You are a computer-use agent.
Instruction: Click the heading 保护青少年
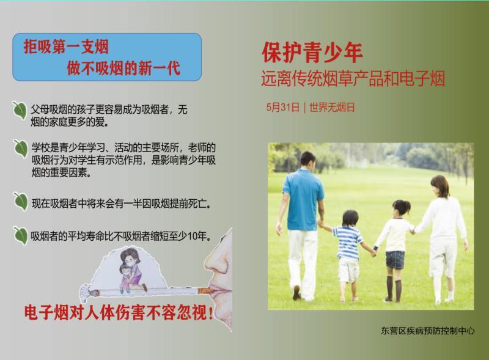tap(312, 53)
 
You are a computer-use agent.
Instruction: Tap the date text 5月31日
tap(283, 108)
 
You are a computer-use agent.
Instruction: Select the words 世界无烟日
tap(332, 108)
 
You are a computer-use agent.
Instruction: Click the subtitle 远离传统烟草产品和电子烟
tap(353, 78)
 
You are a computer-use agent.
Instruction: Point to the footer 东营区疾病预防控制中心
tap(427, 331)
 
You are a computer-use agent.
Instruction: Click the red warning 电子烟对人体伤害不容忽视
tap(119, 312)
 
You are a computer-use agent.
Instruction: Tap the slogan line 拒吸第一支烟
tap(66, 47)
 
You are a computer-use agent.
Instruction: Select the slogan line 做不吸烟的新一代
tap(123, 68)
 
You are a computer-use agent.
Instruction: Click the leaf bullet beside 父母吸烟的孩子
tap(20, 110)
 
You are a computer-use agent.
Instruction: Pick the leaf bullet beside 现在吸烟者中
tap(21, 202)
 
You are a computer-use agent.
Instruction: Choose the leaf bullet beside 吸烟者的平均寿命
tap(21, 235)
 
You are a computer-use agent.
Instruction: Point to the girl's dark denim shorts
tap(395, 260)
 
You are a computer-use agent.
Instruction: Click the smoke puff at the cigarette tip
tap(84, 291)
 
